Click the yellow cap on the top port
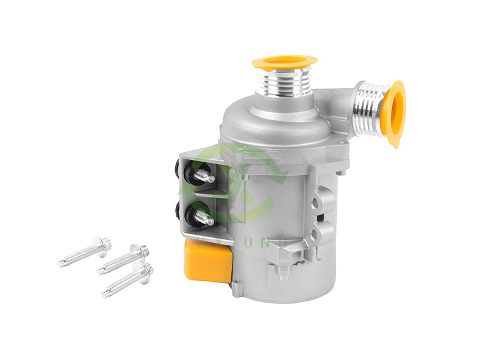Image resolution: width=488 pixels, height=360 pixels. tap(284, 61)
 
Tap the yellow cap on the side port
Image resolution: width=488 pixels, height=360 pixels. tap(396, 113)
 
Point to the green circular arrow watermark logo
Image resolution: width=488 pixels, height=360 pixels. tap(244, 183)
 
